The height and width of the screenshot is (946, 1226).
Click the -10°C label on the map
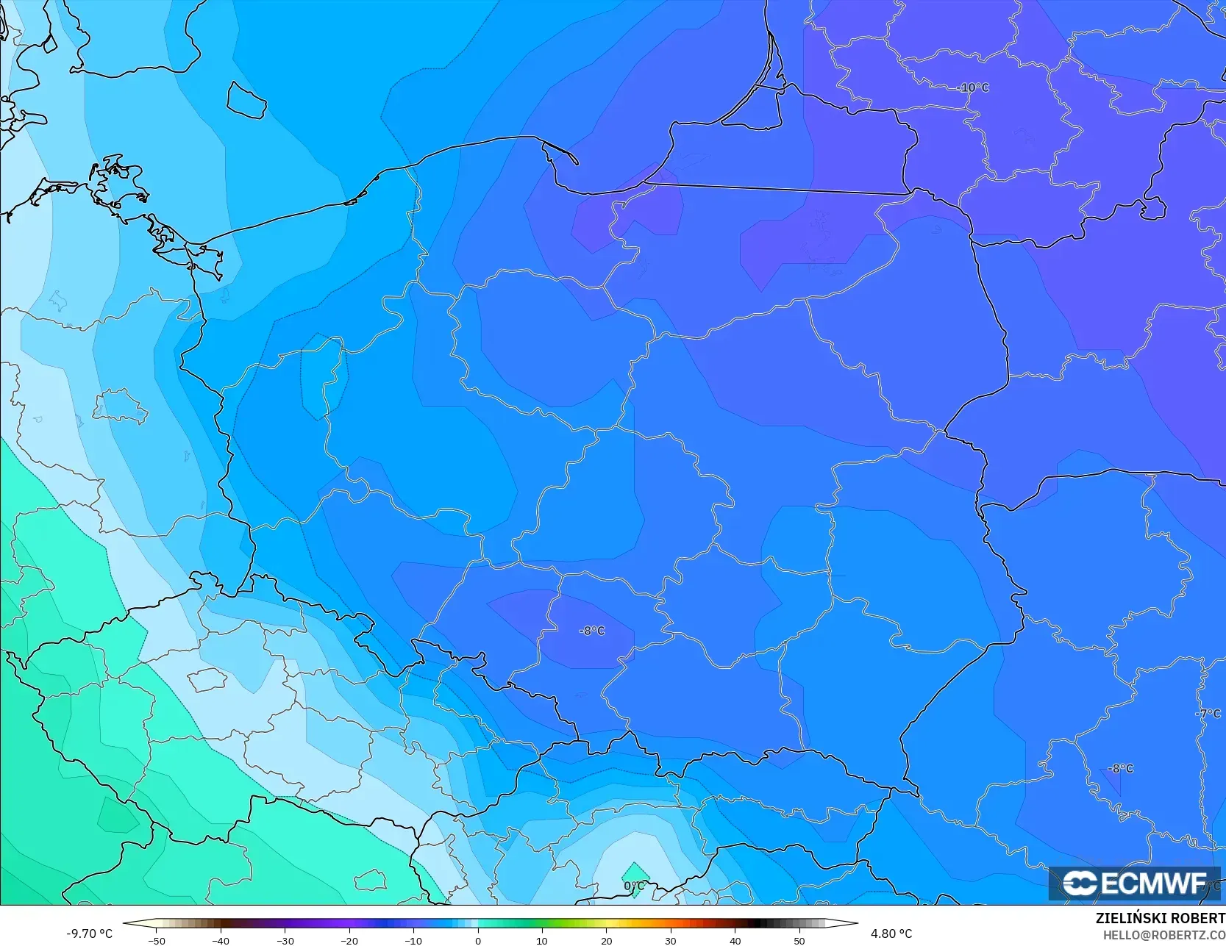tap(973, 87)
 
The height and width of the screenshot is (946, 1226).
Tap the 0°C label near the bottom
tap(634, 886)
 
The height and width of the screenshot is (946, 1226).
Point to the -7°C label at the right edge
tap(1208, 714)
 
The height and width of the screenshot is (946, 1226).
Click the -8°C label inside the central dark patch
tap(592, 631)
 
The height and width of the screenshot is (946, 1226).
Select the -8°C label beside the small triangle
tap(1121, 769)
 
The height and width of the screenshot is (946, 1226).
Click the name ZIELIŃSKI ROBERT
tap(1160, 919)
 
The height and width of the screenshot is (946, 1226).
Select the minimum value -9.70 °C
tap(90, 934)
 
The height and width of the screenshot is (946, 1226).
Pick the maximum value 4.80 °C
tap(891, 934)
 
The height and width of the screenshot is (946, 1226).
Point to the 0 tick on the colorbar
tap(478, 940)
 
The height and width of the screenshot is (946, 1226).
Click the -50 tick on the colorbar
tap(156, 940)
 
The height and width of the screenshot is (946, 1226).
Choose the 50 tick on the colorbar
tap(799, 940)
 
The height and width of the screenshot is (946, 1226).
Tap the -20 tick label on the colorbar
tap(349, 940)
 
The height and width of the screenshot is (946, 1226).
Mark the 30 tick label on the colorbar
tap(671, 940)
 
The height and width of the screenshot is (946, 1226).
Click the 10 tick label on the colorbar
tap(542, 940)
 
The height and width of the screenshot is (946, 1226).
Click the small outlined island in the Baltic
tap(246, 99)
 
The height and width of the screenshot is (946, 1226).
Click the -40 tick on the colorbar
tap(221, 940)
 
